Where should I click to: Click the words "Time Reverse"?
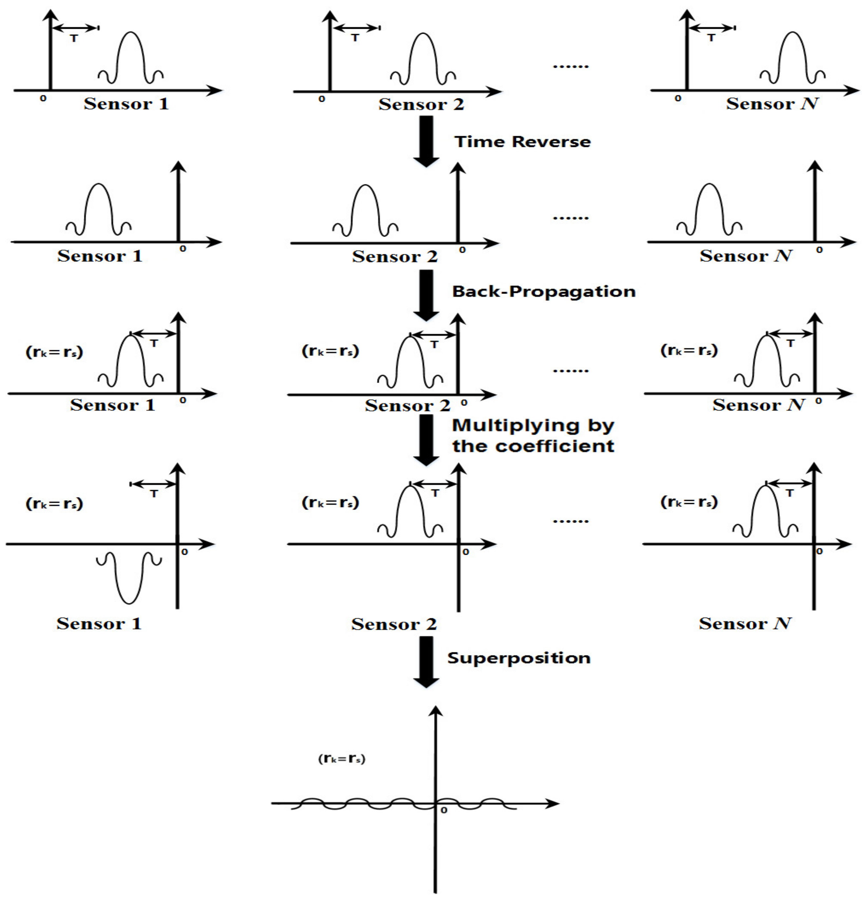coord(522,141)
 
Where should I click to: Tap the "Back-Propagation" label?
coord(544,292)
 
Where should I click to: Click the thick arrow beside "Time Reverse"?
coord(426,141)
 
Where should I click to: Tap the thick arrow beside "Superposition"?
coord(426,661)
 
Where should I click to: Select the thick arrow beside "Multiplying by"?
coord(426,440)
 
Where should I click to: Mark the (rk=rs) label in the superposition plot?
coord(341,759)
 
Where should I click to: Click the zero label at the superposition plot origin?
coord(443,811)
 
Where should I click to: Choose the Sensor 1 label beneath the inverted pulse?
coord(99,624)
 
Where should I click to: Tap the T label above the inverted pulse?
coord(154,494)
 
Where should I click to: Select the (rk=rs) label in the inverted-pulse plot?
coord(54,504)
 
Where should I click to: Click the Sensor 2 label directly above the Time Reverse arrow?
coord(421,105)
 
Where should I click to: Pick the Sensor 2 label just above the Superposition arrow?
coord(394,624)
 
